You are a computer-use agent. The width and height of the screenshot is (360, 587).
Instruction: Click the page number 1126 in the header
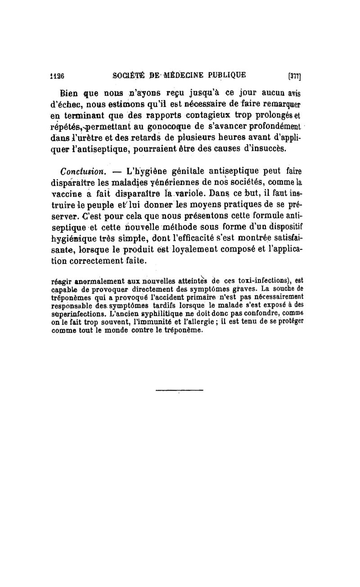[57, 76]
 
